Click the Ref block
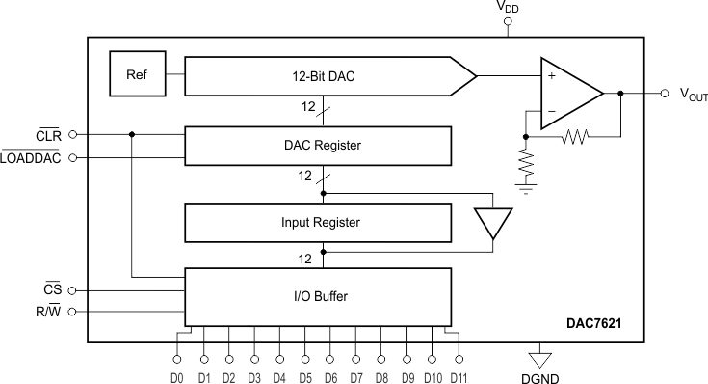click(134, 73)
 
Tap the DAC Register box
click(318, 145)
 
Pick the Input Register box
click(318, 223)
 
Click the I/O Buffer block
click(318, 296)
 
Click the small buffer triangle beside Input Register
click(493, 223)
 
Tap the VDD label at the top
click(508, 7)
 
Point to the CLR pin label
click(48, 135)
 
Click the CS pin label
click(53, 289)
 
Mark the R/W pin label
click(48, 312)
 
